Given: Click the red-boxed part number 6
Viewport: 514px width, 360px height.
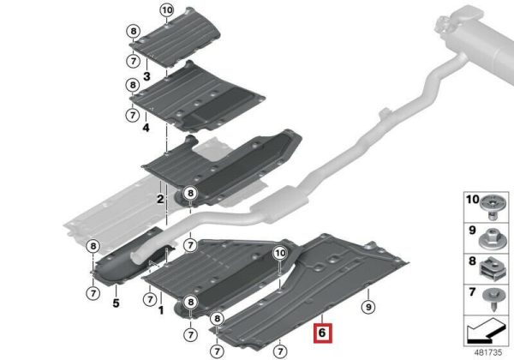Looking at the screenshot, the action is pos(323,333).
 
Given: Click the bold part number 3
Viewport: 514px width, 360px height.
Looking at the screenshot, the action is pos(146,76).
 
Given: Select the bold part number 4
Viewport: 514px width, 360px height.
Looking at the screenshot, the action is pos(146,128).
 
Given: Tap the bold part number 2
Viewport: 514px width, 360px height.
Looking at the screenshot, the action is pos(160,199).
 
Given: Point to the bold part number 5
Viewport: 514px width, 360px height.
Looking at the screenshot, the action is pos(116,303).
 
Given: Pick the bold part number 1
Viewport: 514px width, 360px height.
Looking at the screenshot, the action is pos(161,309).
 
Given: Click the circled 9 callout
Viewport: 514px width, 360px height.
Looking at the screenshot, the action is pos(368,307).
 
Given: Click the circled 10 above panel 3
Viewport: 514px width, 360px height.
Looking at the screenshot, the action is pos(167,10).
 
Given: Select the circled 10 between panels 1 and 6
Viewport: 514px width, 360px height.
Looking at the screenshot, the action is pos(280,253).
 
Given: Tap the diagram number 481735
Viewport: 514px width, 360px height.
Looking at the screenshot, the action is pos(488,352).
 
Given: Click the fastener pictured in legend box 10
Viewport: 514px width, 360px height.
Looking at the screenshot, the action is pos(491,207).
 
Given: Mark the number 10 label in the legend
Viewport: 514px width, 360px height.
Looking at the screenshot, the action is pos(472,200).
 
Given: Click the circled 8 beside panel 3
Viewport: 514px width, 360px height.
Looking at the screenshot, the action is pos(133,32).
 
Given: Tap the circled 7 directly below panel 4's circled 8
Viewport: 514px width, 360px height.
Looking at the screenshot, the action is pos(133,115).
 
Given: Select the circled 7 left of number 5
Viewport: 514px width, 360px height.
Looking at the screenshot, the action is pos(93,293).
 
